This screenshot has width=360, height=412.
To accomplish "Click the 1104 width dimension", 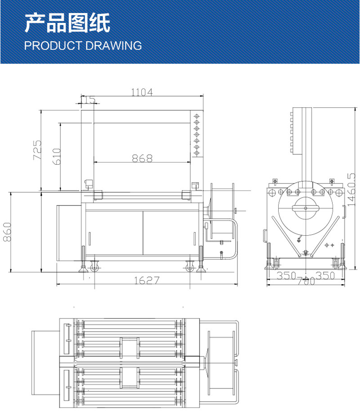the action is click(x=142, y=92).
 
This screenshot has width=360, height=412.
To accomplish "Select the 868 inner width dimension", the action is click(x=142, y=158).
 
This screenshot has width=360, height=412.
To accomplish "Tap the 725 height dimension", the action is click(x=37, y=150).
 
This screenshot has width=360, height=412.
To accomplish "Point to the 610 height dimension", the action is click(x=57, y=156).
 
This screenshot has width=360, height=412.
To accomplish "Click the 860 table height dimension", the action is click(x=7, y=232).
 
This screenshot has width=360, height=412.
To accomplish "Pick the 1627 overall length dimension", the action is click(x=147, y=281).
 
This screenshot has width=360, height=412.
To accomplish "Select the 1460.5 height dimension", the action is click(x=351, y=189).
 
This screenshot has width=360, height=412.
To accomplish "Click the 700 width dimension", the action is click(x=306, y=281).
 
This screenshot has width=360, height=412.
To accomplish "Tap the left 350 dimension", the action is click(x=286, y=276).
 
